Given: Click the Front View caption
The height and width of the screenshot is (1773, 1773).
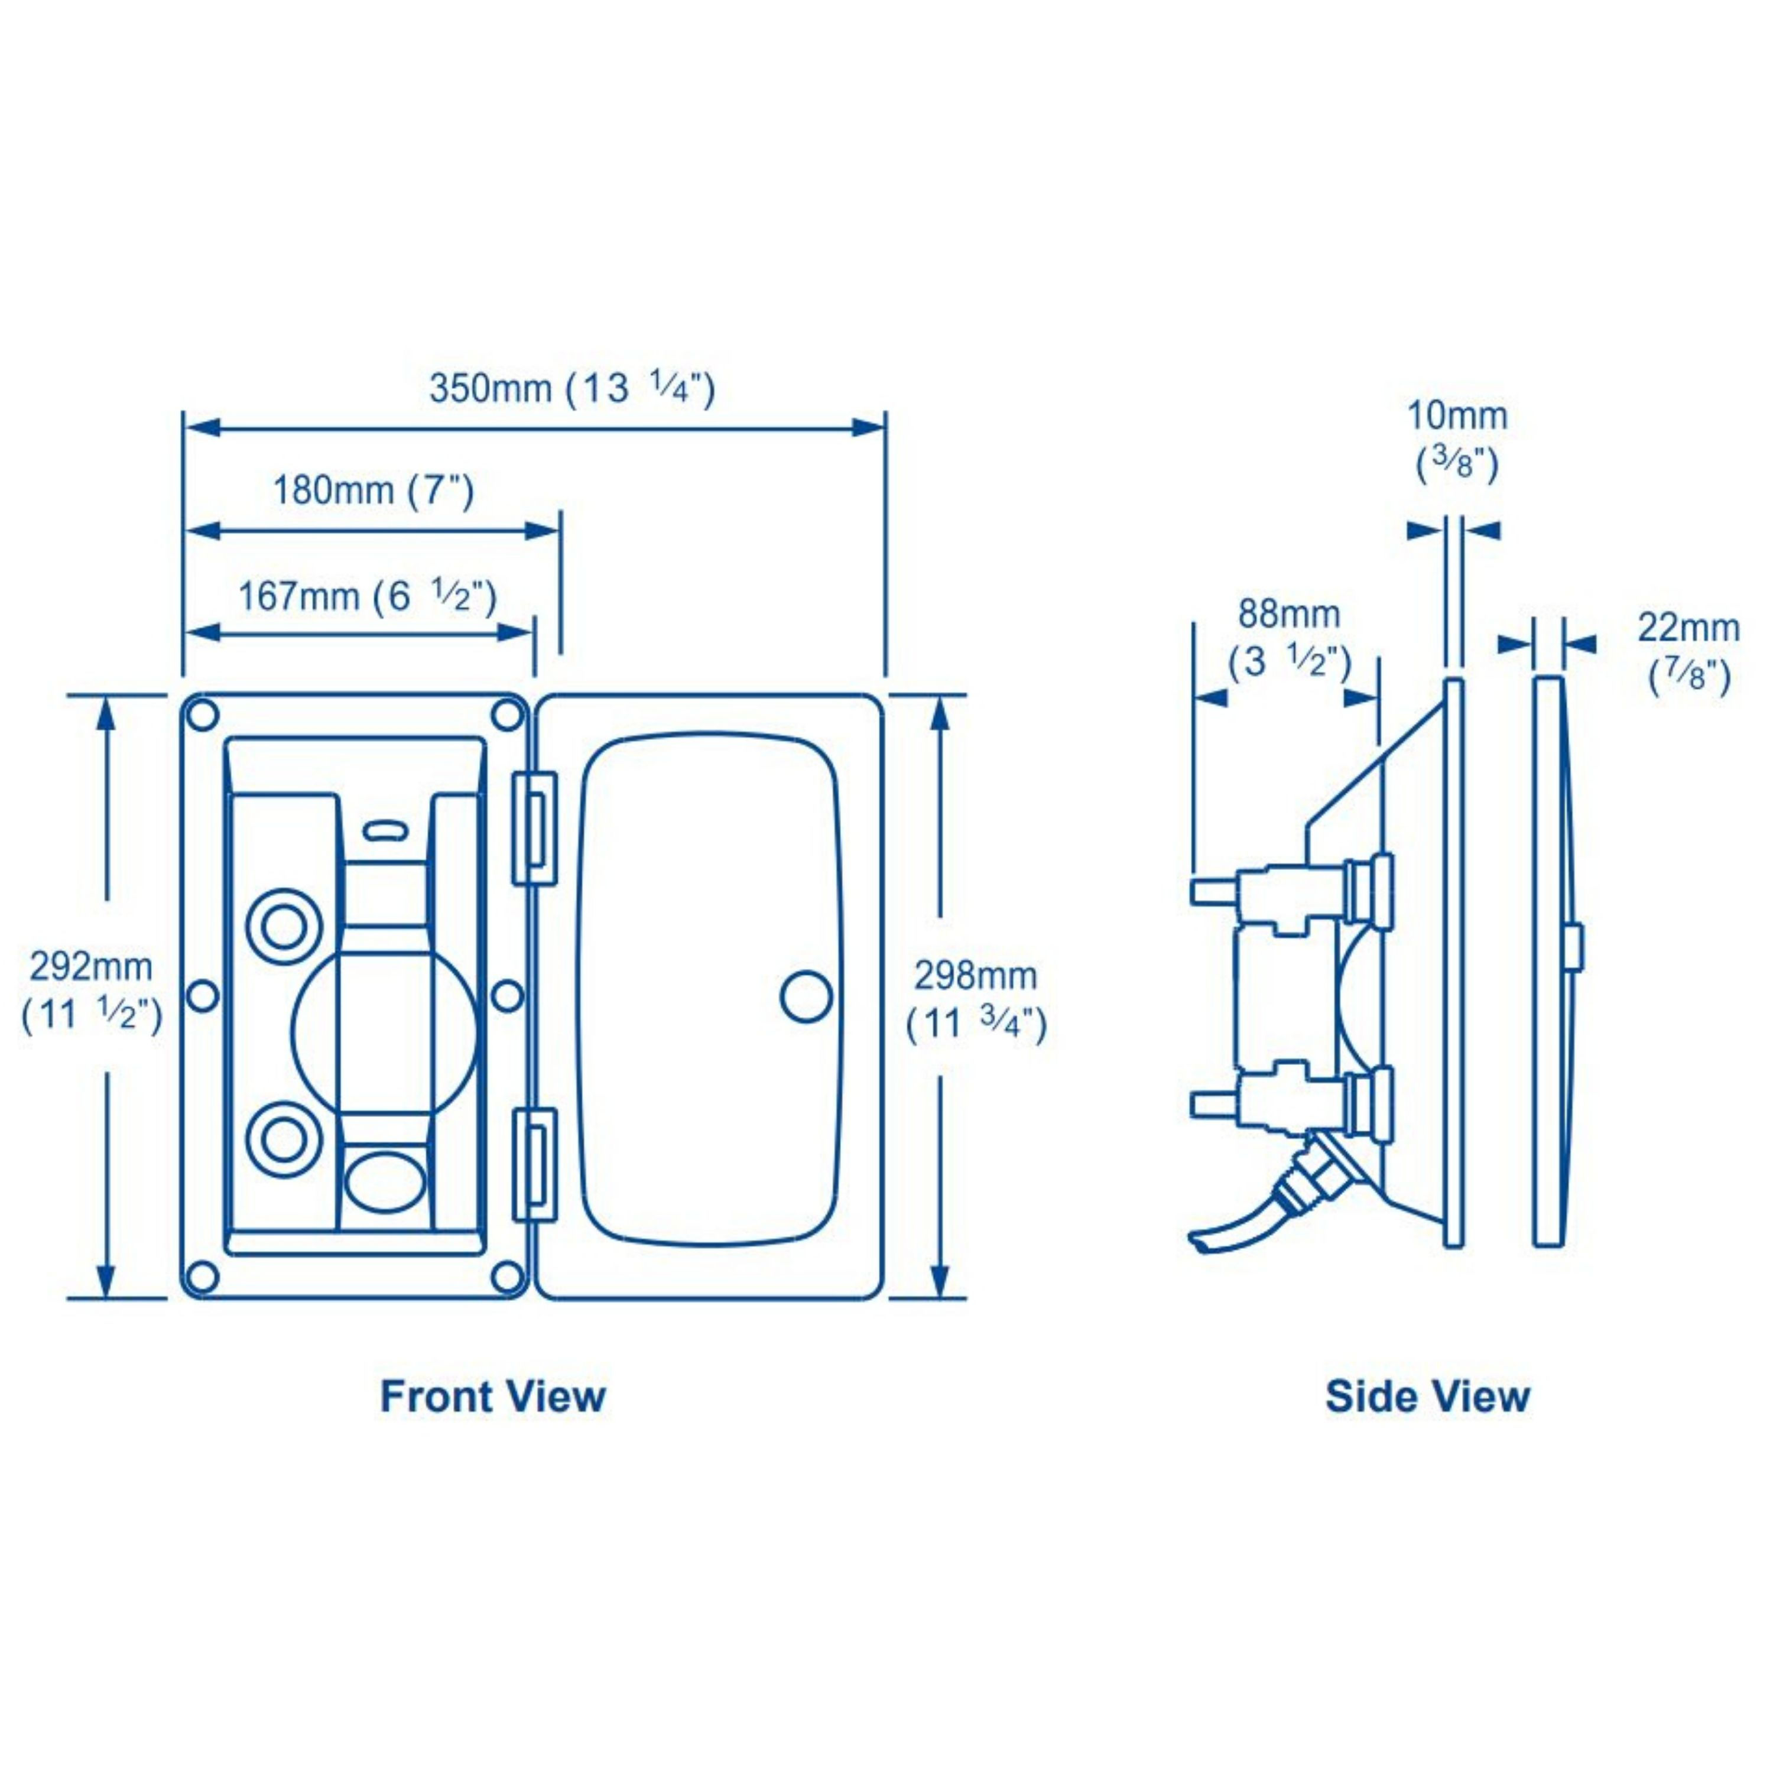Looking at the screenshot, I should tap(493, 1397).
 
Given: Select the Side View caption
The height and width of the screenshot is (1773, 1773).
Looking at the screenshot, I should tap(1427, 1397).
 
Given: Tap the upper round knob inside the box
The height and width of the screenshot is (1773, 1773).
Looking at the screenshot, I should tap(284, 928).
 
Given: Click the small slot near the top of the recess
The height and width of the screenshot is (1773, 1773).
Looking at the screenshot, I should tap(385, 832).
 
